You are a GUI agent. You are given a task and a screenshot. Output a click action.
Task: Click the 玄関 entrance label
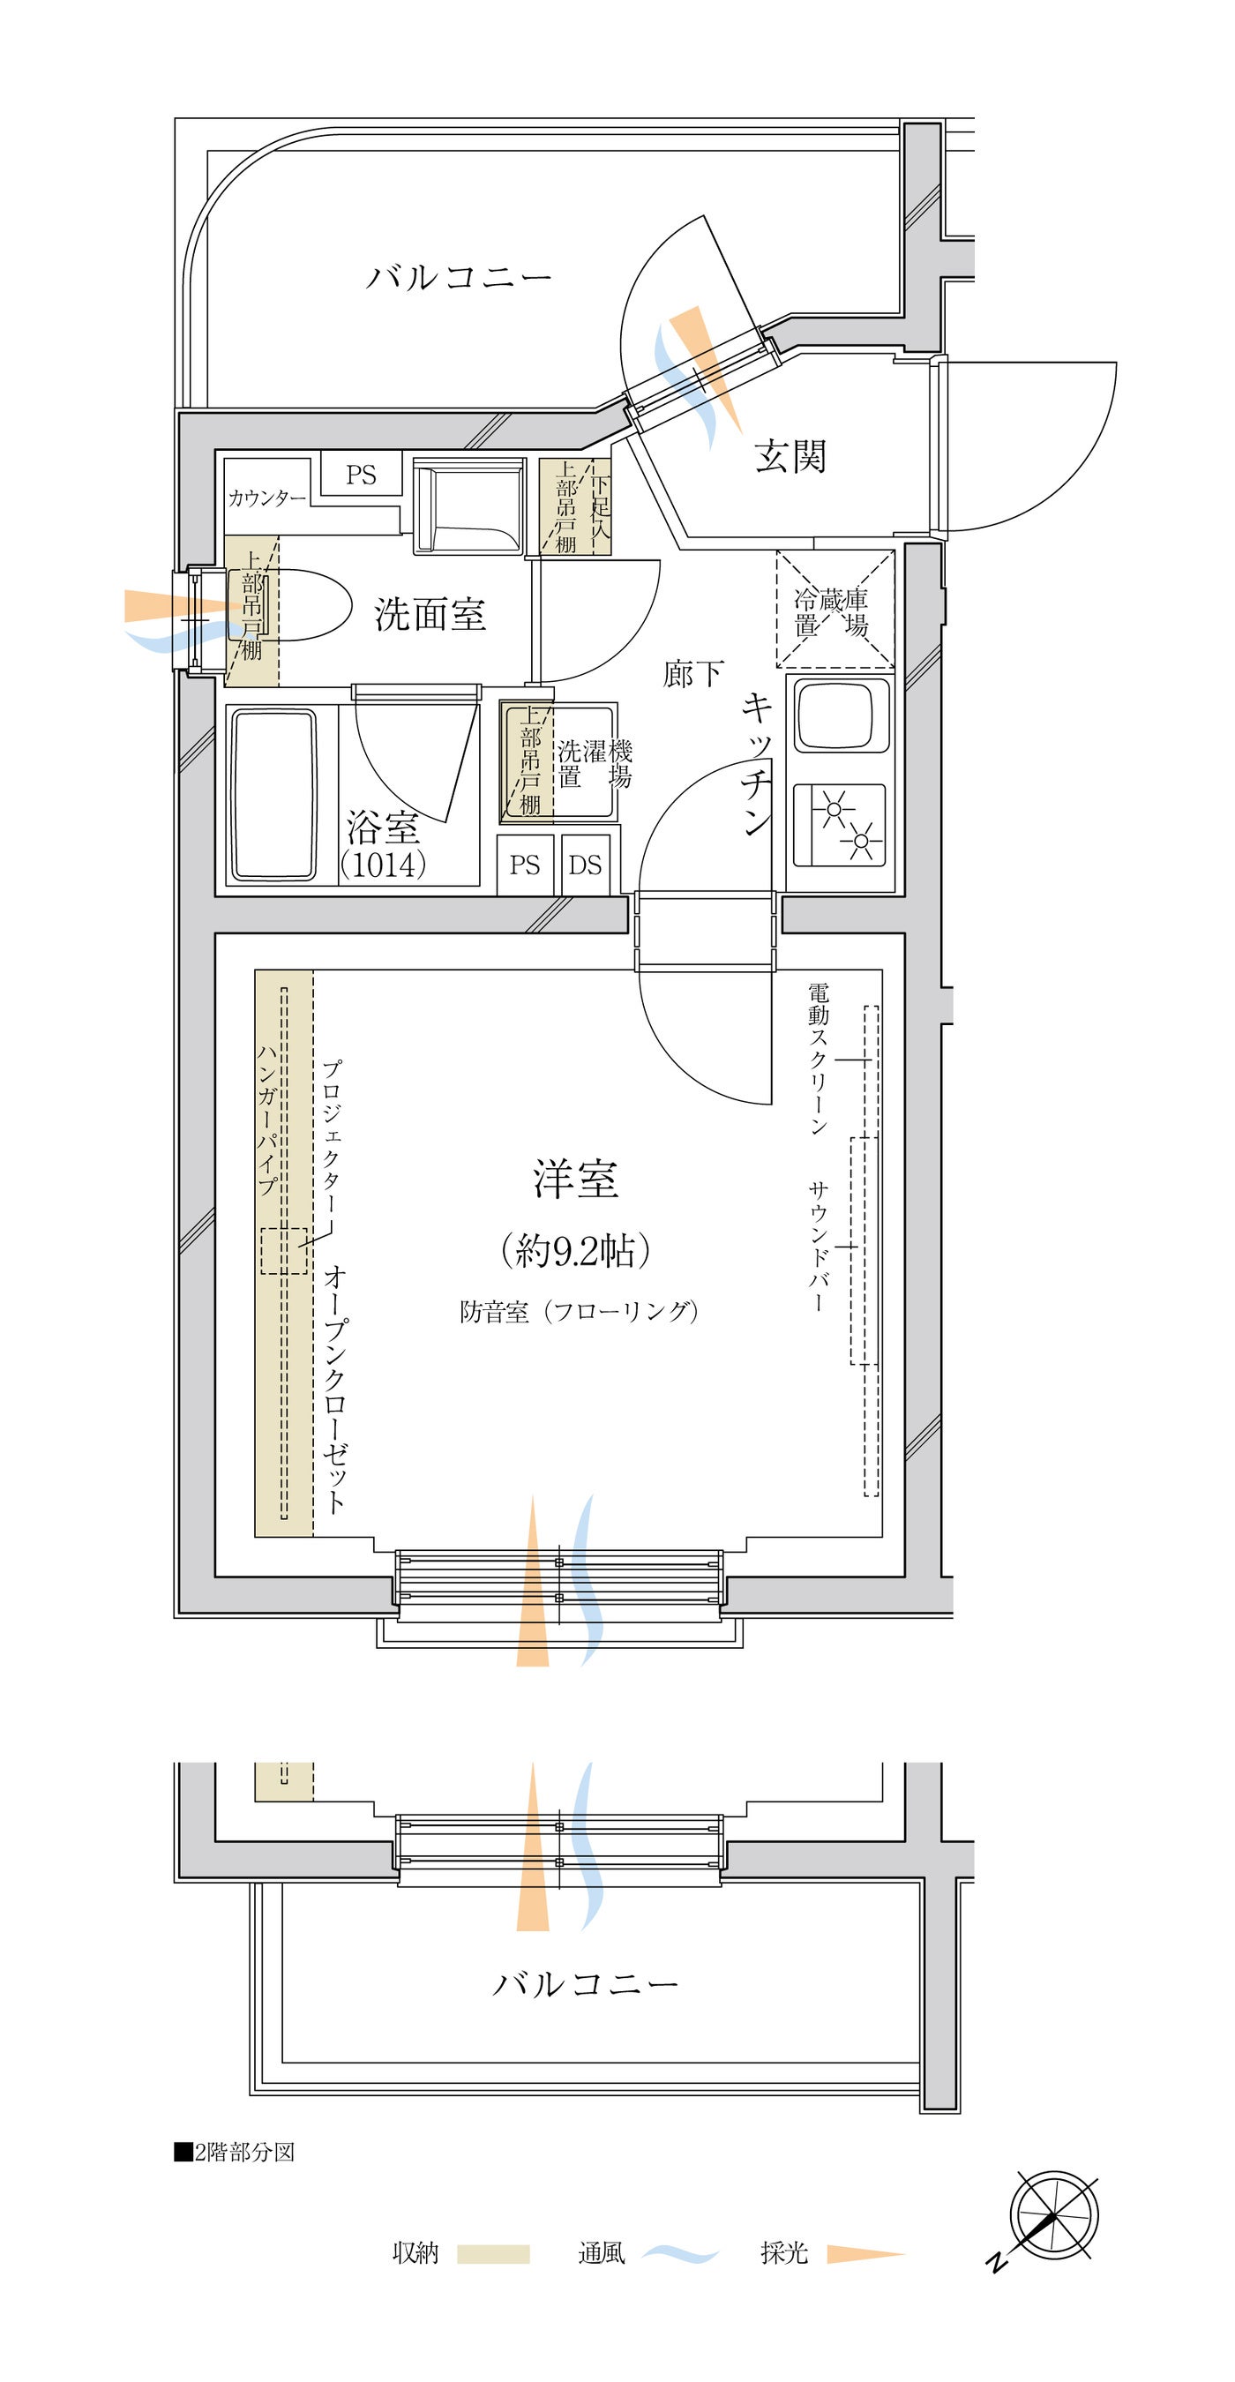790,457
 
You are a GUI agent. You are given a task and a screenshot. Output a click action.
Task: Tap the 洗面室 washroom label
430,614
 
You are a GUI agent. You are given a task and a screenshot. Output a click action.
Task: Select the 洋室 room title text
575,1179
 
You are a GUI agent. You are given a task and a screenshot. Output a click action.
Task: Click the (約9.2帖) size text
575,1250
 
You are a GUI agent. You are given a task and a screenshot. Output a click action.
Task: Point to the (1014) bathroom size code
383,864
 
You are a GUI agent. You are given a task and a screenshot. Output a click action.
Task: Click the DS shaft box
585,865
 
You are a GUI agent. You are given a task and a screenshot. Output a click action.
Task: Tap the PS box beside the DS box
525,865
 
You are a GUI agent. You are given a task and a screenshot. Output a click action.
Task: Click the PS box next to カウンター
362,475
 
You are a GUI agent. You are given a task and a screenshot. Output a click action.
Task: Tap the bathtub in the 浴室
273,793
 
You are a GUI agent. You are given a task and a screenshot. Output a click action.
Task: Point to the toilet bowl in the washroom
291,604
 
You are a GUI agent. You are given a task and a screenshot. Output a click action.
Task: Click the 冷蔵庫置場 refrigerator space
835,609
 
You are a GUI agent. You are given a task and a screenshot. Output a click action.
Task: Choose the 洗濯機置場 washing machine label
595,763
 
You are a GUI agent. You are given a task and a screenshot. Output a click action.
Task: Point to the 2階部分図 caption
235,2152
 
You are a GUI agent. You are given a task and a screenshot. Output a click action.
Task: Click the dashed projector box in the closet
284,1250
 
